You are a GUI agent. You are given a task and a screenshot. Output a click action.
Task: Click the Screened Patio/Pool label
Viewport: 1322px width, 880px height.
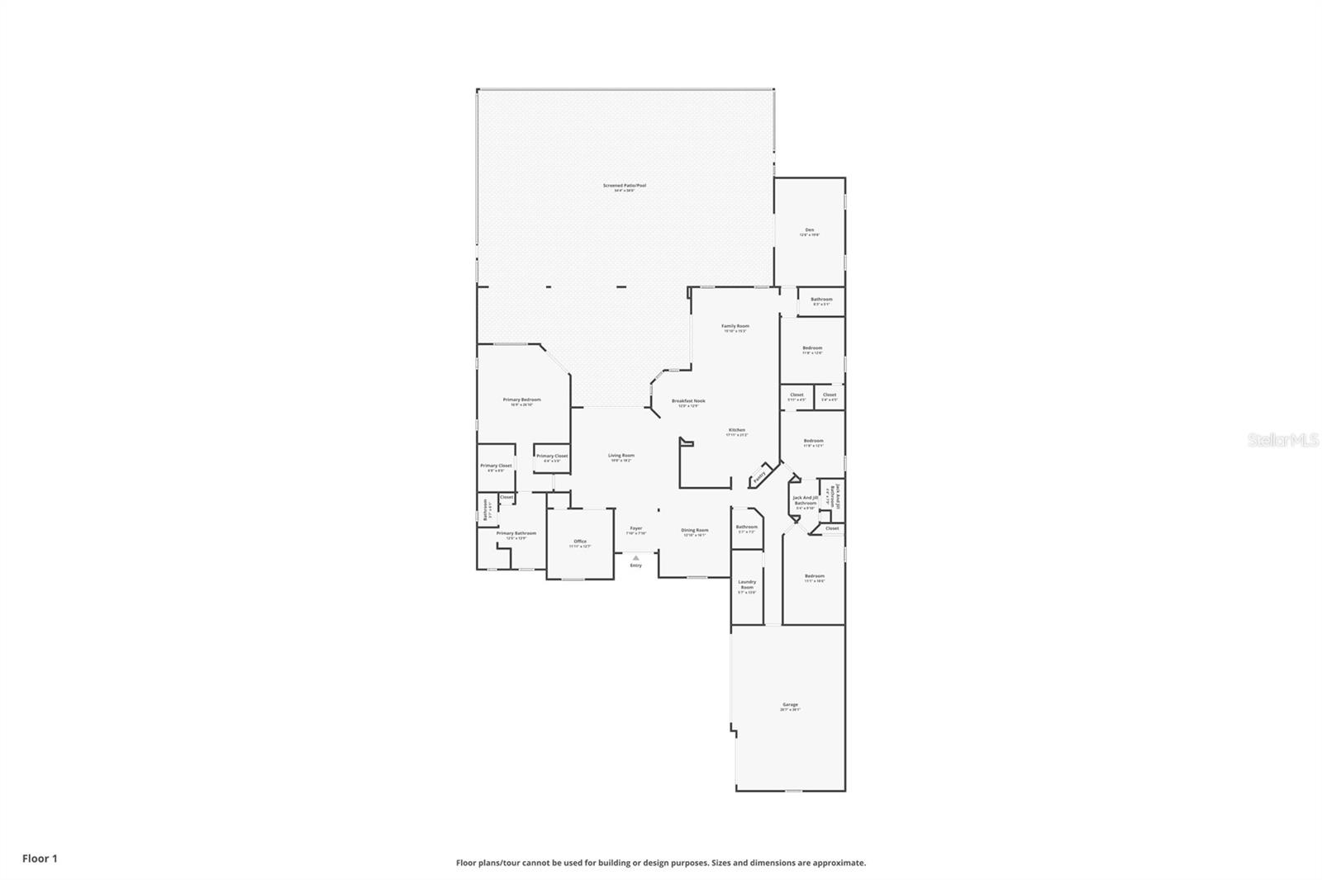pos(625,186)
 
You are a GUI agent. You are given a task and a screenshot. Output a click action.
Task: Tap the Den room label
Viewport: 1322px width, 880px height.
pos(810,229)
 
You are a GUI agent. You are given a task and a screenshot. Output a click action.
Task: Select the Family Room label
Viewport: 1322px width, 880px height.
pos(735,326)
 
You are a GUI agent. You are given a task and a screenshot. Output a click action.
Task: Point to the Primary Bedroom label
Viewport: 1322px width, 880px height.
pos(521,400)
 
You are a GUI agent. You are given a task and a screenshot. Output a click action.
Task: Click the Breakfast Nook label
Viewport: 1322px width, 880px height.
pos(688,401)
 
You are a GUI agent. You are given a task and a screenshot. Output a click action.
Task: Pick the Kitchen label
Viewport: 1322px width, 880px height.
pos(736,430)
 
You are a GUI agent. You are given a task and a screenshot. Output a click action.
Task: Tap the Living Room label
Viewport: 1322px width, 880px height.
pos(621,456)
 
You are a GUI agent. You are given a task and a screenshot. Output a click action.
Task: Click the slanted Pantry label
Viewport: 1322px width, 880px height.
pos(759,475)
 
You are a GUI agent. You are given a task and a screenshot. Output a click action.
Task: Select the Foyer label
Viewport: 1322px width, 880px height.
pos(636,528)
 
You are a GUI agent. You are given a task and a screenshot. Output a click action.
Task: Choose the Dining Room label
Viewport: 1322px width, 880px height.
pos(695,530)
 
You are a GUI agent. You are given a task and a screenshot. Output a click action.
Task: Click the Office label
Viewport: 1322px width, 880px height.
pos(580,542)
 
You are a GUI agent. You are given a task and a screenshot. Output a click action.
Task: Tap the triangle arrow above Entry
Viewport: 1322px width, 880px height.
pos(635,558)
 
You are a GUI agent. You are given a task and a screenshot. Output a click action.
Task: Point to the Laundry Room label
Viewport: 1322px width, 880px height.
pos(747,584)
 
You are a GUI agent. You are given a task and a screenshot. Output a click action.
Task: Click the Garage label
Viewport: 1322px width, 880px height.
pos(791,705)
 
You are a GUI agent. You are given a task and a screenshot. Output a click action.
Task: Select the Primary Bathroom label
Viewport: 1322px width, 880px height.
pos(516,533)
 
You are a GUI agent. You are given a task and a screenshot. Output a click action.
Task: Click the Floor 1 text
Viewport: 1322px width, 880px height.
pos(40,859)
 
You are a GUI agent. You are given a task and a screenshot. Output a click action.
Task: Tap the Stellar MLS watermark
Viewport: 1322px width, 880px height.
pos(1283,441)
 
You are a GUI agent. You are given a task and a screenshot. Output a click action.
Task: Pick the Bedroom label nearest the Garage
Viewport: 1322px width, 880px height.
pos(815,576)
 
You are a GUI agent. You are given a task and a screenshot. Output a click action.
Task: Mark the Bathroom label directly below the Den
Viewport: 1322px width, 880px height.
pos(821,300)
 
